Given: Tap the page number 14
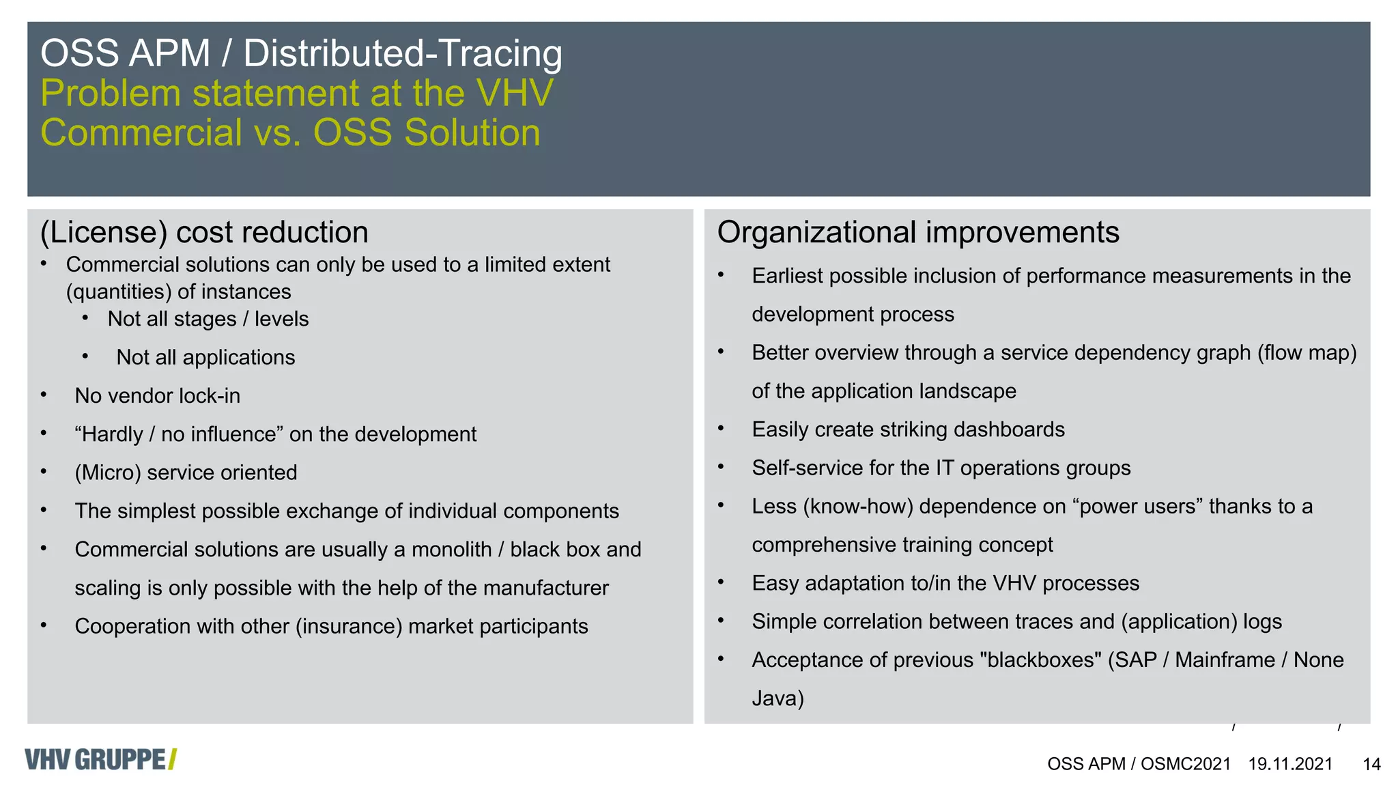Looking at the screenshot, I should coord(1371,764).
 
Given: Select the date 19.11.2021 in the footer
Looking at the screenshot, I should coord(1290,764).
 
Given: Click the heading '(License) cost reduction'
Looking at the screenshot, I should coord(204,233).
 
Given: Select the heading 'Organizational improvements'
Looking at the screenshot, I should coord(917,233).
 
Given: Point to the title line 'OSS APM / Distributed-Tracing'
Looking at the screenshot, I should coord(301,53).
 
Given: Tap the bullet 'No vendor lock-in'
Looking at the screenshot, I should coord(157,396).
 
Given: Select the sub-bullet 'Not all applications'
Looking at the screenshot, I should coord(205,358).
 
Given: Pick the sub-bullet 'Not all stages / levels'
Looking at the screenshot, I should coord(208,319).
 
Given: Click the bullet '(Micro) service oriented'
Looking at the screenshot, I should coord(186,472).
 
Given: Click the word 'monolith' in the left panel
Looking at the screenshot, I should coord(451,550).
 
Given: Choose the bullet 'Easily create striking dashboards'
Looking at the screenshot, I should coord(908,429).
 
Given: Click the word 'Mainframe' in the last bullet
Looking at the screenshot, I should coord(1225,660).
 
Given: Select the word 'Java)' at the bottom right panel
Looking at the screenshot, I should coord(778,698).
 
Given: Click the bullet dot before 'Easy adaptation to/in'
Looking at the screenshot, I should coord(721,582).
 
